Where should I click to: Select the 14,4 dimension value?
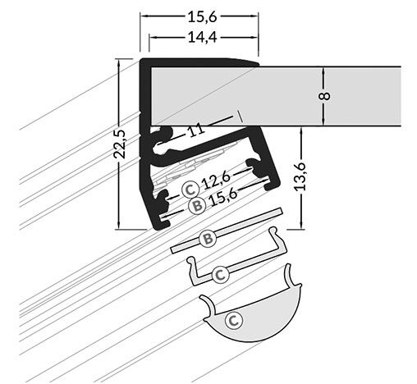(199, 37)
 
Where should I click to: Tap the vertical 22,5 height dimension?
(121, 142)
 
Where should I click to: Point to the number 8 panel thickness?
(325, 96)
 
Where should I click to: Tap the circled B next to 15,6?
(196, 206)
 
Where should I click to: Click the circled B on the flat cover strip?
(208, 239)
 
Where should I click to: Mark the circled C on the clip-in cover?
(219, 274)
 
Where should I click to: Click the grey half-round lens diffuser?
(263, 316)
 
